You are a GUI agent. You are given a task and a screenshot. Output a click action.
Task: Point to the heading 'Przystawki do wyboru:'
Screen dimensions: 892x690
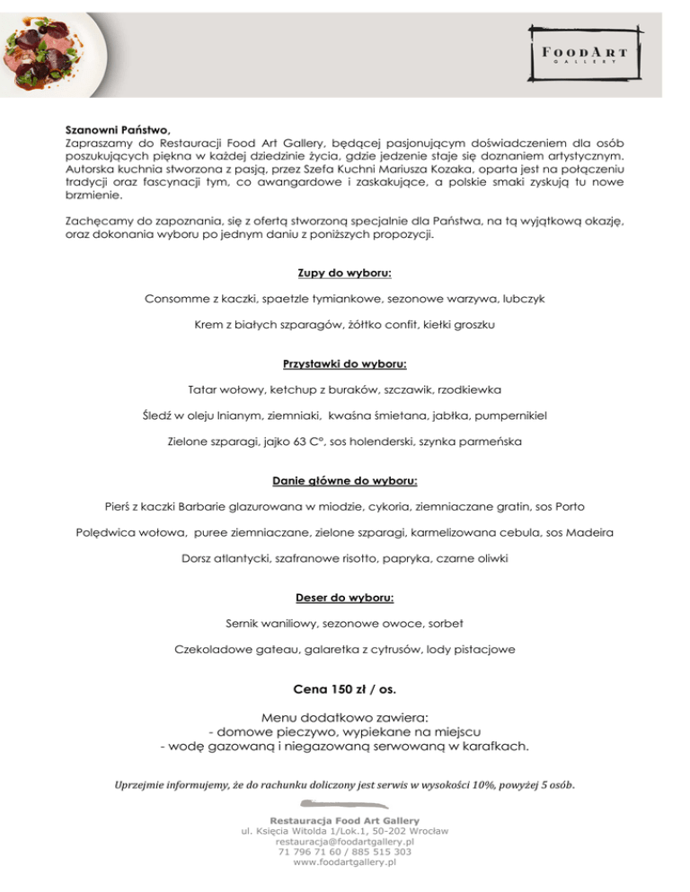point(345,364)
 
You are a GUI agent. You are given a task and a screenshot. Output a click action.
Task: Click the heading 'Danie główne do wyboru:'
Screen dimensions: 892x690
point(345,480)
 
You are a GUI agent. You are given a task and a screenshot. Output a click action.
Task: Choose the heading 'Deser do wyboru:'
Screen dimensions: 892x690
point(345,597)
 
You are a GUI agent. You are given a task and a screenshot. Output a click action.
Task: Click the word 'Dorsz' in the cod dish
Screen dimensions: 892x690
point(199,559)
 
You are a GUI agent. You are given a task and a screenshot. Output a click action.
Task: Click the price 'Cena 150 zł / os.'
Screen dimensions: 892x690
point(345,691)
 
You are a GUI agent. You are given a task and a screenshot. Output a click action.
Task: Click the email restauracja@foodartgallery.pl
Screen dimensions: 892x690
point(345,842)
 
